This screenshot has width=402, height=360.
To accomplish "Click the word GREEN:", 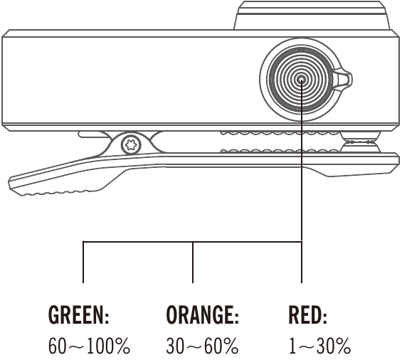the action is pyautogui.click(x=79, y=314).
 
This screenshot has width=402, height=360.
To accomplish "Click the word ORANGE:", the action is pyautogui.click(x=203, y=314).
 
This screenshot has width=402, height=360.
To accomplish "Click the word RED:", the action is pyautogui.click(x=307, y=314).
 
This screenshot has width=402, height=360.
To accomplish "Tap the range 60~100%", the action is pyautogui.click(x=89, y=346).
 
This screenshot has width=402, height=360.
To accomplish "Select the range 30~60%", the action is pyautogui.click(x=202, y=346).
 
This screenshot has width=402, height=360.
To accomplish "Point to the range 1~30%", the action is pyautogui.click(x=319, y=346).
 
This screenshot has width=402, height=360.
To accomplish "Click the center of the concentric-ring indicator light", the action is pyautogui.click(x=302, y=80).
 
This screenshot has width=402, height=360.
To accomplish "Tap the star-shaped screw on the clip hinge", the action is pyautogui.click(x=131, y=145).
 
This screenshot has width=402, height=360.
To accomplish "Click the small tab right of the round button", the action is pyautogui.click(x=343, y=78).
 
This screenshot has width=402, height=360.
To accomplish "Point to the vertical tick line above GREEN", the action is pyautogui.click(x=83, y=262).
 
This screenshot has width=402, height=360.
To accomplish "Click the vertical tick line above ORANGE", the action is pyautogui.click(x=193, y=262).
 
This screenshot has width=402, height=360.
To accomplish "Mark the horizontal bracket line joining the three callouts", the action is pyautogui.click(x=193, y=241).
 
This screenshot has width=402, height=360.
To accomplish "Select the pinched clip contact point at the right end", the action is pyautogui.click(x=360, y=142).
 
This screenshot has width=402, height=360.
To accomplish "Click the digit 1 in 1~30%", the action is pyautogui.click(x=292, y=346).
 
